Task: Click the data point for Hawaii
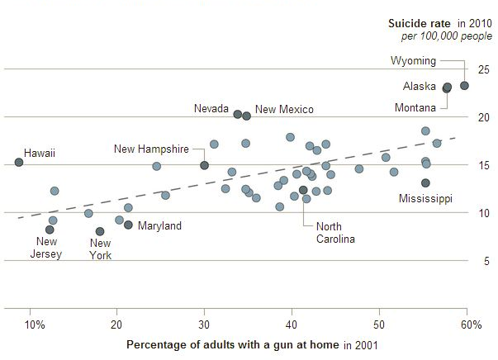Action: [x=19, y=163]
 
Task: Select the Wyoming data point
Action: [x=464, y=85]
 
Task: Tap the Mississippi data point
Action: [x=425, y=183]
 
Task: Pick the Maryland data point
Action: [x=128, y=225]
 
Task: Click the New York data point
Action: [x=100, y=232]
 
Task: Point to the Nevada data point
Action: [x=238, y=114]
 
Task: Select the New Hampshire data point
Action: [x=205, y=165]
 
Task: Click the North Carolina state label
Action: [x=335, y=233]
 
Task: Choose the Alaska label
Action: [x=420, y=87]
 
